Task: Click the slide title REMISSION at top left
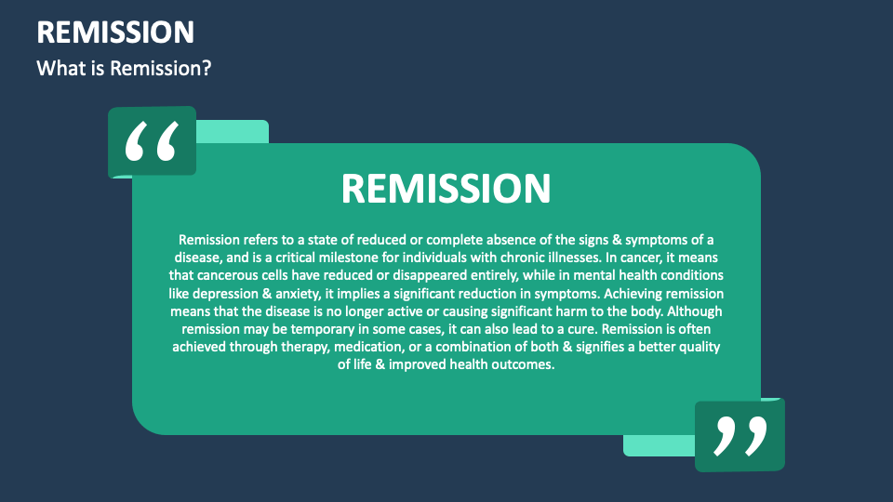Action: (x=115, y=32)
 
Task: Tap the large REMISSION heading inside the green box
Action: (x=446, y=188)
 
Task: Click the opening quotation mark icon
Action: (x=152, y=141)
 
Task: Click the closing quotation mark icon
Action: (x=740, y=435)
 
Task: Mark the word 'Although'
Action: (x=689, y=311)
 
